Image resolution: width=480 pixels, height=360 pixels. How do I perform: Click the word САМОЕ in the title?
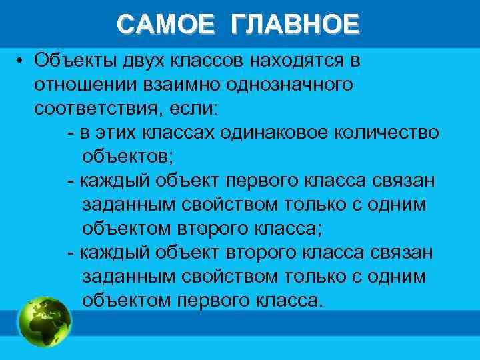point(165,24)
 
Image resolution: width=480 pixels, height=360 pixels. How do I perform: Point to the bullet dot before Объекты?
point(21,61)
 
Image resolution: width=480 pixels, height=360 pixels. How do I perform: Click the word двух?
point(139,61)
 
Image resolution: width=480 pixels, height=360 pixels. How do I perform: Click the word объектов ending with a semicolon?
point(127,157)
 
